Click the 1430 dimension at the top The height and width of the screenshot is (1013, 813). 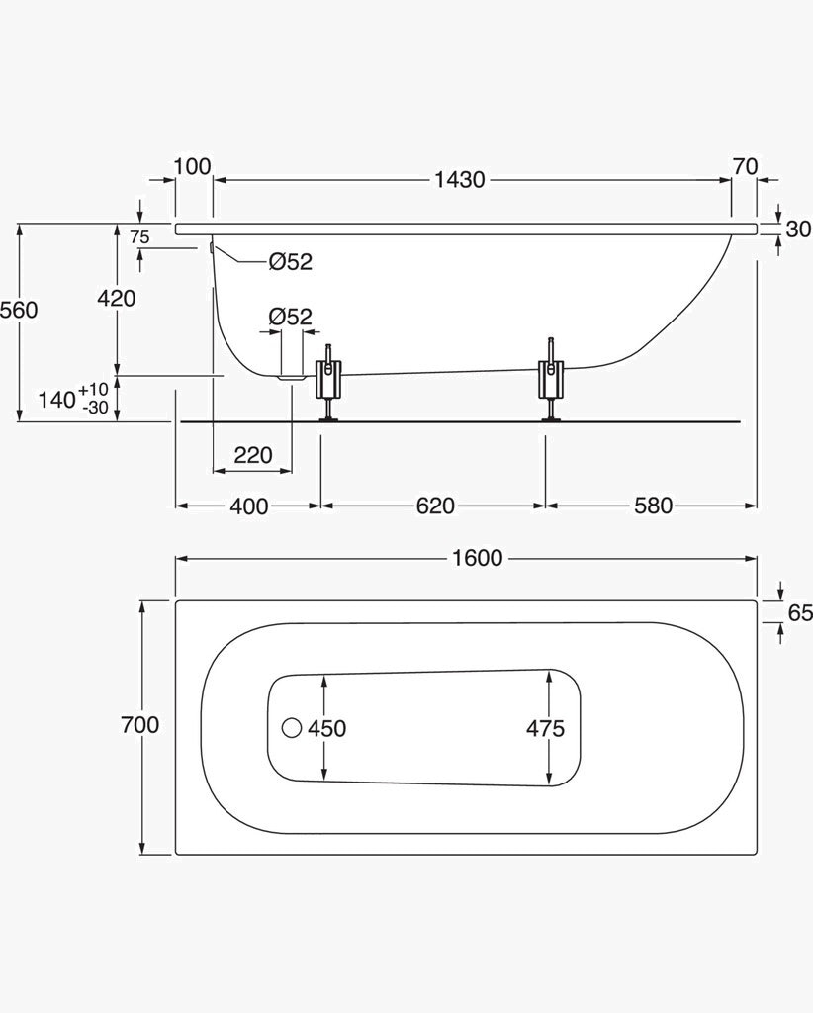pos(459,180)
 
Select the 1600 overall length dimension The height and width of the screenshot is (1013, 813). pos(477,558)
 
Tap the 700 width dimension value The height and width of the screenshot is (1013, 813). pos(140,725)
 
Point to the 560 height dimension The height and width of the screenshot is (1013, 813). pos(20,310)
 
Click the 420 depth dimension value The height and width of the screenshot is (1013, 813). pos(117,298)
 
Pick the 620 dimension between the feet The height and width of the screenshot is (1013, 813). pos(435,506)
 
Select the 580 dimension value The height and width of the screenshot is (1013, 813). pos(653,506)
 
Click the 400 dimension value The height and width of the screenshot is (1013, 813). pos(249,506)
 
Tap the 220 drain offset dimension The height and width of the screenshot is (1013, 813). pos(253,455)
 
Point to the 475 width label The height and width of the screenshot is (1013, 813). pos(545,729)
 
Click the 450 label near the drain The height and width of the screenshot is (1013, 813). pos(326,729)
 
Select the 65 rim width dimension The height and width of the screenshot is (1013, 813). pos(800,612)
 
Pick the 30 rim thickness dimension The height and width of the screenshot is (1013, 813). pos(798,229)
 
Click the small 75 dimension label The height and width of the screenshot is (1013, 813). pos(139,237)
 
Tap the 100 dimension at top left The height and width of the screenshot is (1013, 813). pos(193,166)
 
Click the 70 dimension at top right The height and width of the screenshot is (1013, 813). pos(745,166)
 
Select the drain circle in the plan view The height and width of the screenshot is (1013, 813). pos(292,728)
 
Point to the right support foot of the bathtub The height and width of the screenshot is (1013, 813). pos(551,380)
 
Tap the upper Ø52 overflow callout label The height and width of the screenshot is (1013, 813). pos(290,261)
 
